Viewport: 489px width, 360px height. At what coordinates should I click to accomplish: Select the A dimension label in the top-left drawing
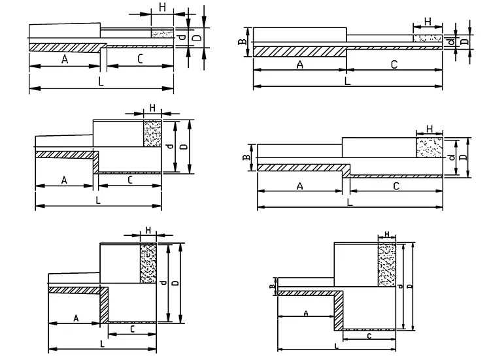(65, 59)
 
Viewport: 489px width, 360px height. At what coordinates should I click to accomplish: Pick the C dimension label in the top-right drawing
(394, 64)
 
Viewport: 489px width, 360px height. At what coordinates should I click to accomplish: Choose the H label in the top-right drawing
(428, 22)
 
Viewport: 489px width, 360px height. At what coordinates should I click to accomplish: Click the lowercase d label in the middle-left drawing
(169, 146)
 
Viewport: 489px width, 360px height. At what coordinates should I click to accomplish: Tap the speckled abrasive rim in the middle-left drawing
(152, 134)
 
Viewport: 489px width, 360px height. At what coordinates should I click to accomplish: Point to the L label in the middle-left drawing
(97, 199)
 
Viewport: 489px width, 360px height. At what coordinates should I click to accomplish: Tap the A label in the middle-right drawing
(299, 186)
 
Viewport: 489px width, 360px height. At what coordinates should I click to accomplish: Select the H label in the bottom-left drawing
(148, 230)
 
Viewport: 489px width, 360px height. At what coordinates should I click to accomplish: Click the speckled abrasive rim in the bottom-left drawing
(148, 264)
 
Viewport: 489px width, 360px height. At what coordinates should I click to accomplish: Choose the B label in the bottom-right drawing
(272, 285)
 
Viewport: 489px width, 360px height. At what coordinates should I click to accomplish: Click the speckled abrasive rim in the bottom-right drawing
(388, 264)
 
